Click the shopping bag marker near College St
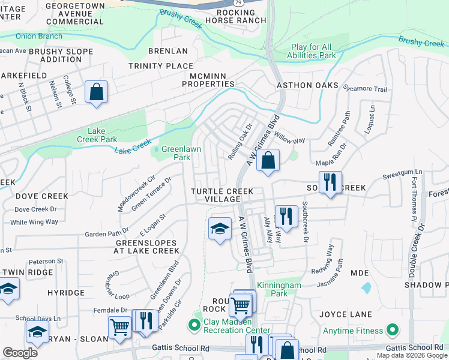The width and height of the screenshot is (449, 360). [96, 93]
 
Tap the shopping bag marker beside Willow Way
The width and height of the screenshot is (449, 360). [268, 161]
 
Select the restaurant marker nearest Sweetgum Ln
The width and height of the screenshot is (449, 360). [330, 183]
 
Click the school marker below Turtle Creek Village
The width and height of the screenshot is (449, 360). [220, 229]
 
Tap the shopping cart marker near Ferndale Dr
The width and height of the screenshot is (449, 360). [119, 328]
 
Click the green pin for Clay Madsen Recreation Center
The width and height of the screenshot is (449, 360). [194, 326]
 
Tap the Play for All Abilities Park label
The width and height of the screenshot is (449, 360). [322, 51]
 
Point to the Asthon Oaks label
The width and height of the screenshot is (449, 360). [307, 86]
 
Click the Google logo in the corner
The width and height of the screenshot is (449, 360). [20, 353]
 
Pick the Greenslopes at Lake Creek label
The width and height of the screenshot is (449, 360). [146, 247]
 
